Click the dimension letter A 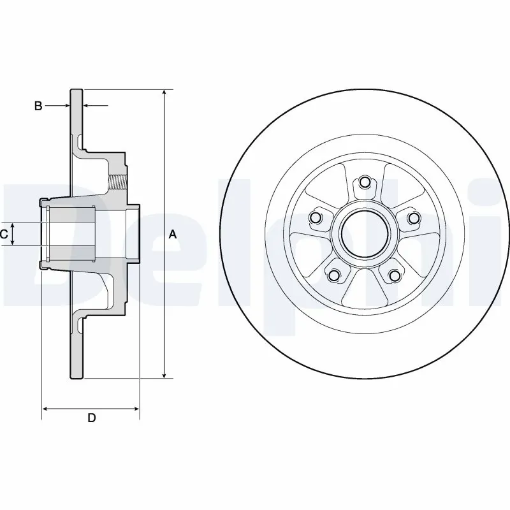point(172,235)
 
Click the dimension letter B point(38,106)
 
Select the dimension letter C point(4,234)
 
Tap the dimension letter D point(91,418)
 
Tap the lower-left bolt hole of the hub point(333,275)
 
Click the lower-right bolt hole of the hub point(394,275)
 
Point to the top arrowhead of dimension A point(164,93)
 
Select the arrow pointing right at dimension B point(66,105)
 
